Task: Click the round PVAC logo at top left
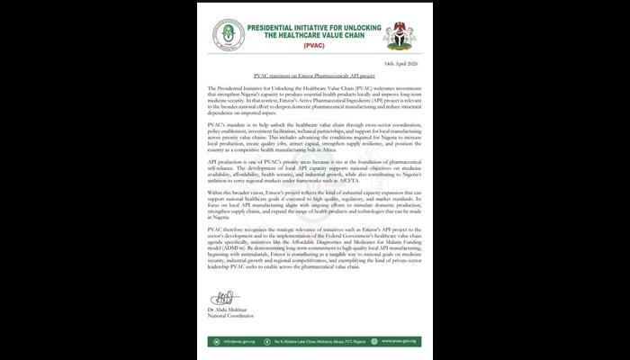tap(229, 35)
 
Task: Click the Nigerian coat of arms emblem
tap(400, 35)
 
